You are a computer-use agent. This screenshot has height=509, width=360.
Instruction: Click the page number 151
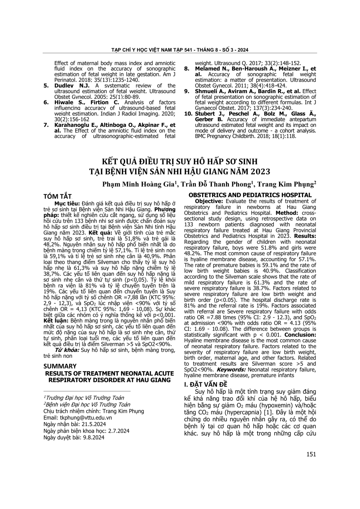click(x=311, y=454)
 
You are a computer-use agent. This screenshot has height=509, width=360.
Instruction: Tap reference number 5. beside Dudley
click(x=47, y=86)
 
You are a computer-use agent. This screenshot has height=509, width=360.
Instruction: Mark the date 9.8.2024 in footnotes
click(x=93, y=437)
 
